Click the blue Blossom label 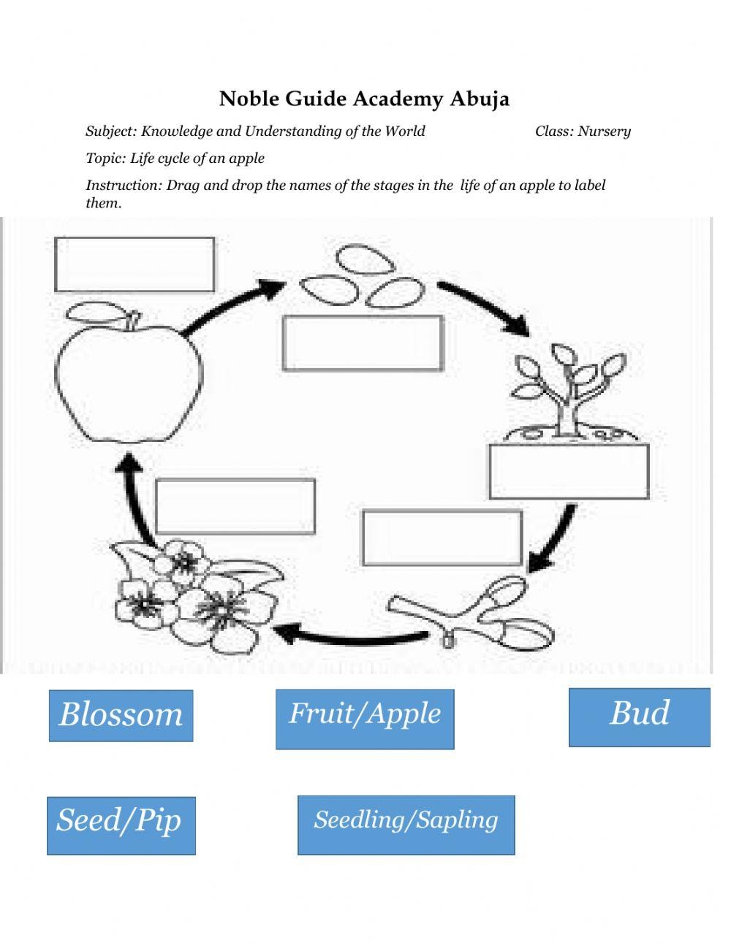121,715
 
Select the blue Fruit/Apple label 364,719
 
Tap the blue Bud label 639,717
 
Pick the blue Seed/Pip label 121,825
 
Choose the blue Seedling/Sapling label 406,825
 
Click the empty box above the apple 135,264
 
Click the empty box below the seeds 363,343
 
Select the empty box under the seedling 569,471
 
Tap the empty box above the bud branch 442,538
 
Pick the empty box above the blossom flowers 235,505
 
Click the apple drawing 129,383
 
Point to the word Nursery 604,131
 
